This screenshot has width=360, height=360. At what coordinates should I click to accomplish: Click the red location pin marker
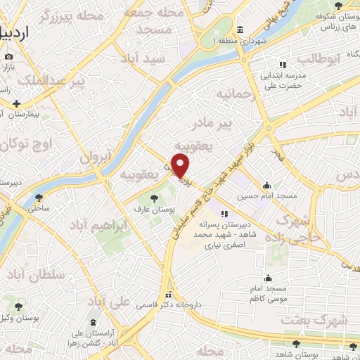(181, 166)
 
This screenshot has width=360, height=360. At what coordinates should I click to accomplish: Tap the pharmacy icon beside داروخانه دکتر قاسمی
(168, 295)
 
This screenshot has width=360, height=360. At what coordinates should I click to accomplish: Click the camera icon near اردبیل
(8, 56)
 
